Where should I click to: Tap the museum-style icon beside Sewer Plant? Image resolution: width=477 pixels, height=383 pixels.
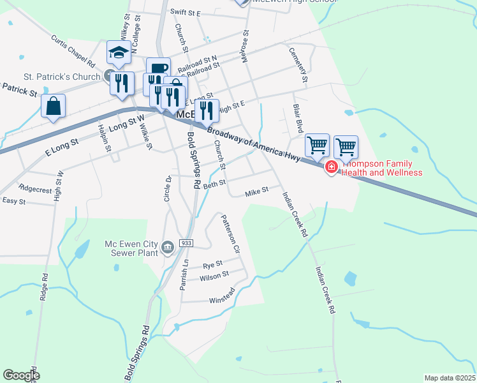point(167,247)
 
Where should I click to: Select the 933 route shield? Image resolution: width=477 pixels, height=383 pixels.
point(186,243)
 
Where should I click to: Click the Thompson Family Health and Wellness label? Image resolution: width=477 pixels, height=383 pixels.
point(383,168)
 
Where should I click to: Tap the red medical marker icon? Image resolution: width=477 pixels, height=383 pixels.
point(331,167)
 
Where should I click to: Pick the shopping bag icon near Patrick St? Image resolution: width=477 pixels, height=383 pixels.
point(54,107)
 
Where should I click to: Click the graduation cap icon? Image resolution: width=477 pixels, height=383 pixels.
point(119,53)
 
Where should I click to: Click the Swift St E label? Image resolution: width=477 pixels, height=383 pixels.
point(185,13)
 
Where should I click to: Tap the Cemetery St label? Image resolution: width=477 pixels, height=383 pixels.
point(298,65)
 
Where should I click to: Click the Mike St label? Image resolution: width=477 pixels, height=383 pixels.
point(257,190)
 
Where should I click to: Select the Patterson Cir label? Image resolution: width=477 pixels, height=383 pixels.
point(230,232)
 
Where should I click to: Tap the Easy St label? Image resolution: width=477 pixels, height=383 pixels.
point(13,200)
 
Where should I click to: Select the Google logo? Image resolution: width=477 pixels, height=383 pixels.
point(21,375)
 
